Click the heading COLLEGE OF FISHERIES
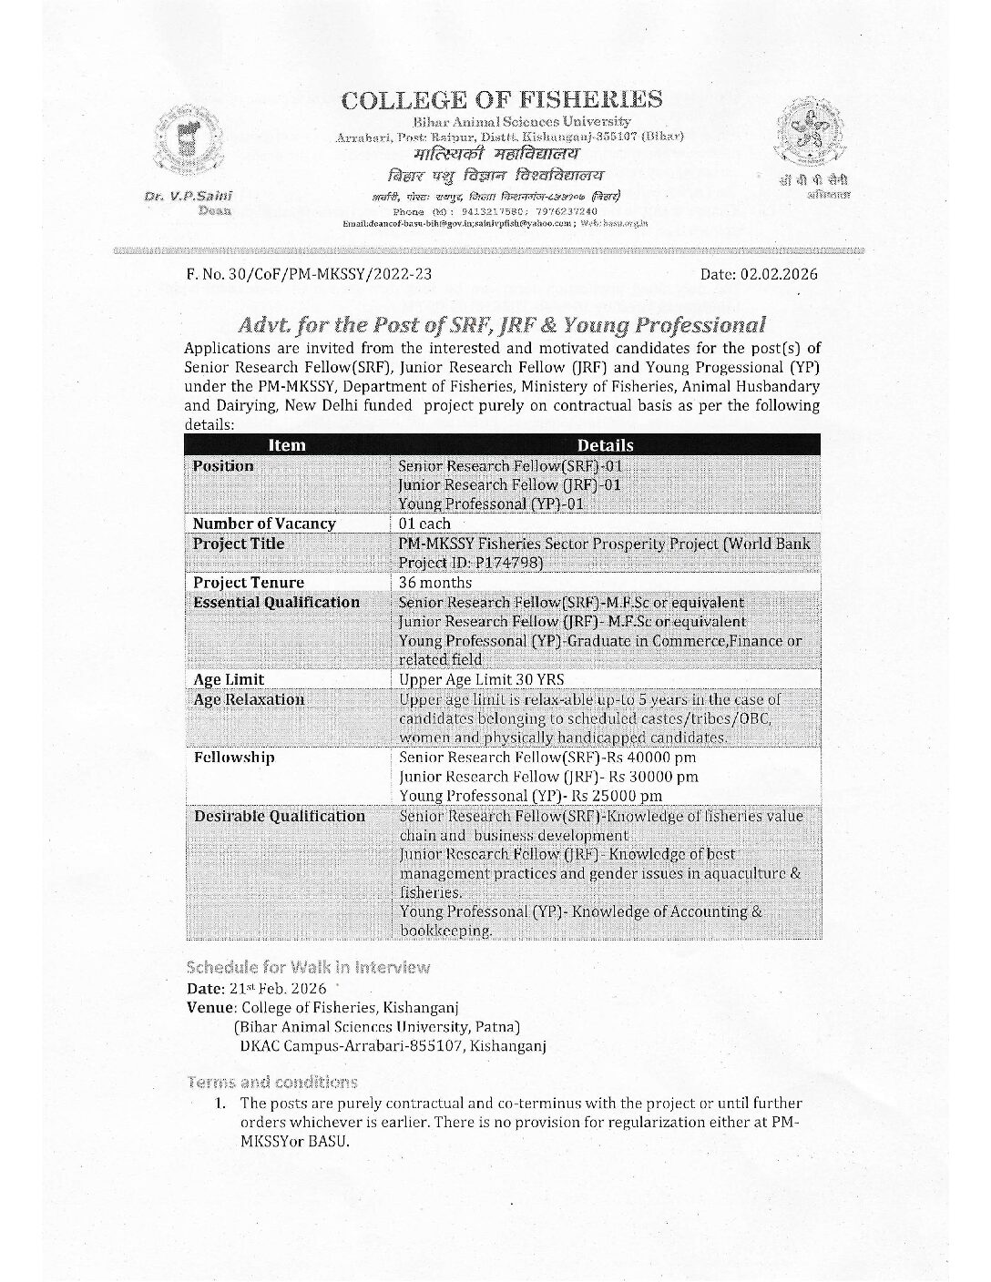501,99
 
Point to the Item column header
287,445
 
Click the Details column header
605,445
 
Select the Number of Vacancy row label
264,524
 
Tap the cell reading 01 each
424,524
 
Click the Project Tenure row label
249,583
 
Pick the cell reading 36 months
435,583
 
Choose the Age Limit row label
229,679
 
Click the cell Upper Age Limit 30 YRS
482,679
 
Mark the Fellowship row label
234,758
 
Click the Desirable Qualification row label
279,816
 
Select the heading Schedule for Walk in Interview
308,967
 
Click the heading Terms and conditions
271,1082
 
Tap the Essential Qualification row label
276,603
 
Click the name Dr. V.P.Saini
188,197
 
